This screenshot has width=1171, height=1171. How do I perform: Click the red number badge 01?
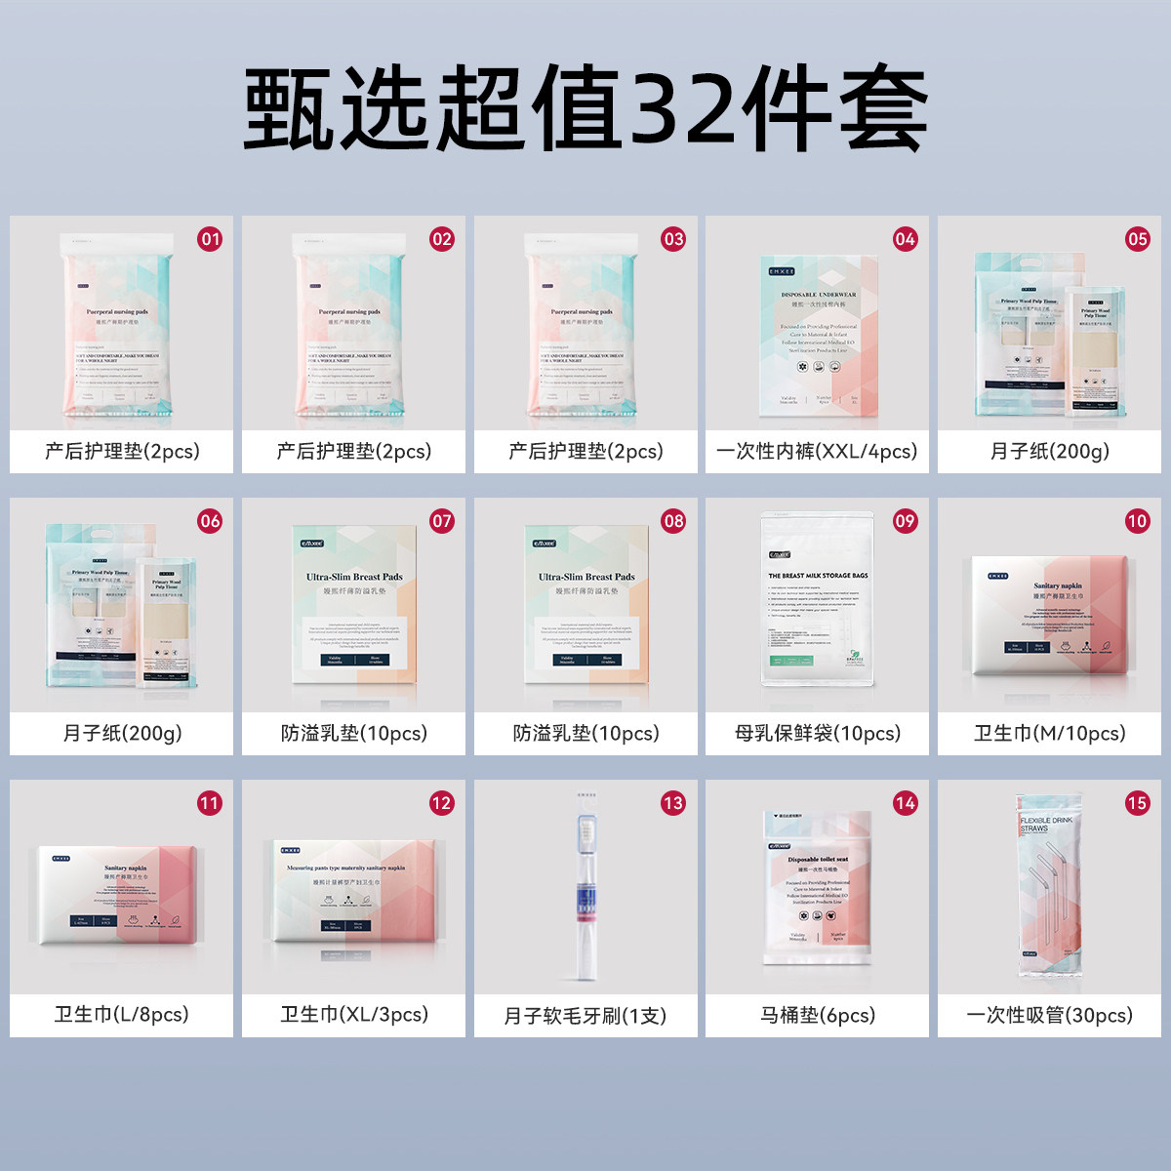pos(210,239)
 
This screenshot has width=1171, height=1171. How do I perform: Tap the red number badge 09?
pos(906,521)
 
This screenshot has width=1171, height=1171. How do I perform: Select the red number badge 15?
pos(1137,803)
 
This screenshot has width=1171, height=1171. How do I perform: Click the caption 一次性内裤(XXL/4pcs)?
pos(817,452)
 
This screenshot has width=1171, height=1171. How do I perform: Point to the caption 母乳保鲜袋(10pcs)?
pos(817,734)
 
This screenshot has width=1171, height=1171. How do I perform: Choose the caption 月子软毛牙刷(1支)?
pos(585,1016)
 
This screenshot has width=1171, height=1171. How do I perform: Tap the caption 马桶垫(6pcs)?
pos(817,1016)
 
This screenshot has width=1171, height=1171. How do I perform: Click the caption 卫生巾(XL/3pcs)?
pos(354,1015)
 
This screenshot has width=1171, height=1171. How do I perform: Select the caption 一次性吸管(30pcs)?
pos(1049,1016)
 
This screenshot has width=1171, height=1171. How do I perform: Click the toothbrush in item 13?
pos(585,883)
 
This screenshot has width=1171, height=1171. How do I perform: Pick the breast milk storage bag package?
pos(817,600)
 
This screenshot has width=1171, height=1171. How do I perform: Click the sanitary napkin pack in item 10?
pos(1050,615)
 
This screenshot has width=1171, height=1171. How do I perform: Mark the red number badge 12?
pos(441,803)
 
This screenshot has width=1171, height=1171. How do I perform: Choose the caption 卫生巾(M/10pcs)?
pos(1049,734)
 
